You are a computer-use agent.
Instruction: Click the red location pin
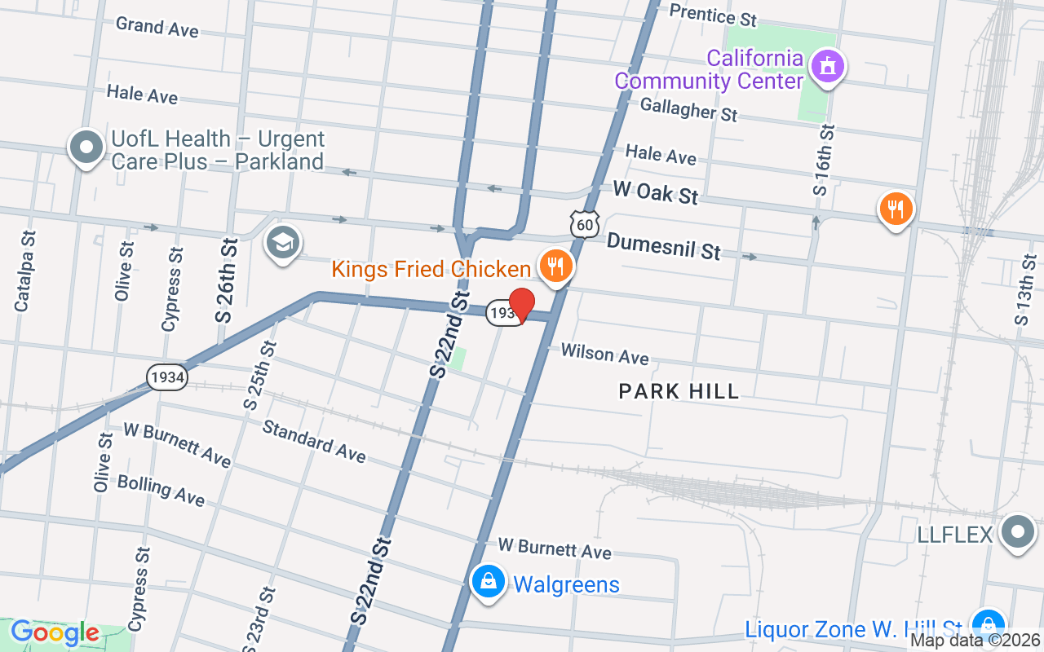pos(521,305)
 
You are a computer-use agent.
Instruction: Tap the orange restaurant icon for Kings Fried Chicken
pos(555,266)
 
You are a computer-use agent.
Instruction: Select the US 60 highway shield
pos(586,223)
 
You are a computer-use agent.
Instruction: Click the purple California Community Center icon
pos(828,68)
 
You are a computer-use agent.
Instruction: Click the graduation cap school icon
pos(283,243)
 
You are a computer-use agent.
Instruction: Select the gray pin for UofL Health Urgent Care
pos(86,148)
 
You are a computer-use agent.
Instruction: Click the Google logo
pos(55,632)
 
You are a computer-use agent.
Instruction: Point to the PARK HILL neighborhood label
pos(679,391)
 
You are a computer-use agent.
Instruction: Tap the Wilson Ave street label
pos(604,354)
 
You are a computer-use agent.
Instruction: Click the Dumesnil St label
pos(663,246)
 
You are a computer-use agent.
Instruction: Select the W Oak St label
pos(656,194)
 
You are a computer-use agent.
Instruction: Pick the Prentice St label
pos(713,14)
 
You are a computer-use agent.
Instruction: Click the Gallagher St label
pos(688,109)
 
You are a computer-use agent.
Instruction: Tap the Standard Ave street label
pos(314,441)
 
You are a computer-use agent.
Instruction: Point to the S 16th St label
pos(825,160)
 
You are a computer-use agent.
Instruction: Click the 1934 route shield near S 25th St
pos(166,377)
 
